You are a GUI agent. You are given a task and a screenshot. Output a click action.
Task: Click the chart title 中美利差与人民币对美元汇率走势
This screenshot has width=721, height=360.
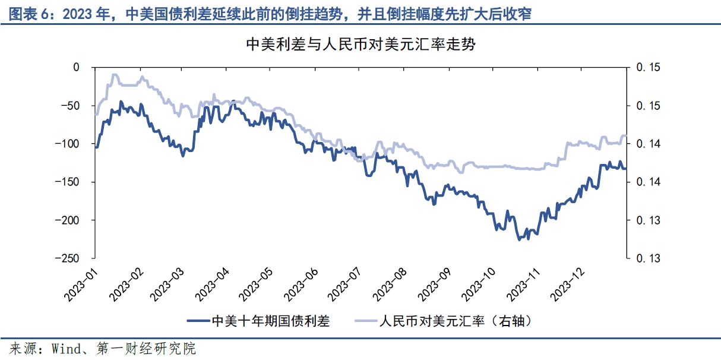click(x=360, y=45)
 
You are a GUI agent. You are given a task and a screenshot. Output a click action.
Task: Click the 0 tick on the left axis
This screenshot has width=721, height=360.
click(x=75, y=68)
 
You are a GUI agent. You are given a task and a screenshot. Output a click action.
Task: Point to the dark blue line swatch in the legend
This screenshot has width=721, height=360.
click(x=198, y=321)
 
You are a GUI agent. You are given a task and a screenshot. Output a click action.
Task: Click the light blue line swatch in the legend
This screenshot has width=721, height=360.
click(x=366, y=321)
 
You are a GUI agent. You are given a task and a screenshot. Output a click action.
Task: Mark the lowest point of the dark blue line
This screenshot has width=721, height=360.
click(x=518, y=239)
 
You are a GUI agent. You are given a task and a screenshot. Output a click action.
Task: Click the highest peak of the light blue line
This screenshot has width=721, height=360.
click(x=114, y=75)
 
